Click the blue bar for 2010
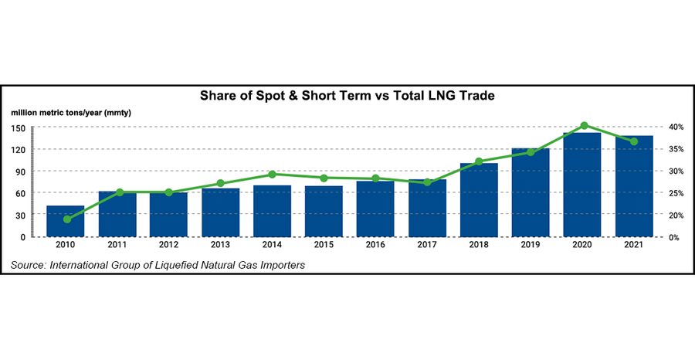[66, 222]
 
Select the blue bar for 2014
[273, 211]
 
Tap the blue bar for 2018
[480, 200]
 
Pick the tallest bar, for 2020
[583, 185]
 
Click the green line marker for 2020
[584, 125]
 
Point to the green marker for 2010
[66, 219]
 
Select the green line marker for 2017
[427, 182]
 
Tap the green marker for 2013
[221, 183]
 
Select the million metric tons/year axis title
[71, 113]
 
